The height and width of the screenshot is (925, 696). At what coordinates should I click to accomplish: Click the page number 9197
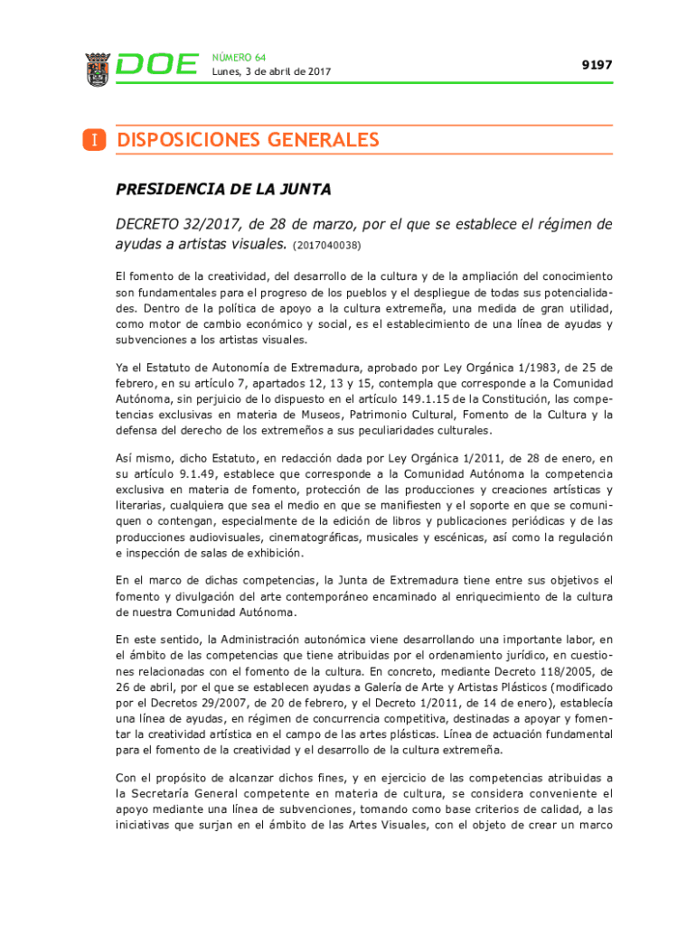(x=597, y=65)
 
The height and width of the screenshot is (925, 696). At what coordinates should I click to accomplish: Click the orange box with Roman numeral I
(x=93, y=140)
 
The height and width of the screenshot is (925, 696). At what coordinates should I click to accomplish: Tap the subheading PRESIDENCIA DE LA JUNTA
(x=223, y=190)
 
